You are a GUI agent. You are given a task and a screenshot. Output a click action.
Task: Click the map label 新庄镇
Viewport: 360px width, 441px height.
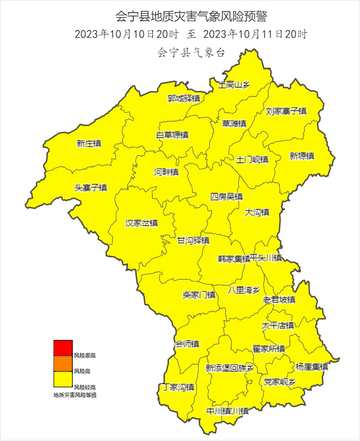point(89,144)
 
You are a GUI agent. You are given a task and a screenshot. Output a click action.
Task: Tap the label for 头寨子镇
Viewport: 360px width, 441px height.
point(91,188)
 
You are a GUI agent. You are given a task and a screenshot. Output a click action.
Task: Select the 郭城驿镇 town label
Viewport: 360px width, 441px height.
point(184,98)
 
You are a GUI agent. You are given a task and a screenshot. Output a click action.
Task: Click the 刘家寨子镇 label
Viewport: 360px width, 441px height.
point(286,111)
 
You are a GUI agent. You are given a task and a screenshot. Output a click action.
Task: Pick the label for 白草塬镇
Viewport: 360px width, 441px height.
point(172,135)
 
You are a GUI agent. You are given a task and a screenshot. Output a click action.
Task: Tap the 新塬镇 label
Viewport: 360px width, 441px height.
point(302,156)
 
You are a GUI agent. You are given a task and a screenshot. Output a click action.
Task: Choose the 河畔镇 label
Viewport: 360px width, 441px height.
point(166,172)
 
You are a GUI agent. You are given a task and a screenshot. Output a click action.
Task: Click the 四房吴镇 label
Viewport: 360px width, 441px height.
point(227,197)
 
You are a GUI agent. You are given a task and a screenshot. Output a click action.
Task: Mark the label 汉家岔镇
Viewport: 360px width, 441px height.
point(142,223)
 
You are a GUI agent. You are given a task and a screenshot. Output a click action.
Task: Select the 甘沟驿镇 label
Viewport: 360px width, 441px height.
point(193,240)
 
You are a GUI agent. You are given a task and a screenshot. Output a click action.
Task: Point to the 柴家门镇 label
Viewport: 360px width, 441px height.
point(199,295)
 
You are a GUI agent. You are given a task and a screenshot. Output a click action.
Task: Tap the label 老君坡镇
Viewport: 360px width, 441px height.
point(279,300)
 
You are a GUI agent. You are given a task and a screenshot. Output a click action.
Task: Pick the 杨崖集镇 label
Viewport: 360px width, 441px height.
point(312,366)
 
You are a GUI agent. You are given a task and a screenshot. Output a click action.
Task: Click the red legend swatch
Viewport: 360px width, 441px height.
point(63,348)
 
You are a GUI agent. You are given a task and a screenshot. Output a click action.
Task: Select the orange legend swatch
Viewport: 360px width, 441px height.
point(63,364)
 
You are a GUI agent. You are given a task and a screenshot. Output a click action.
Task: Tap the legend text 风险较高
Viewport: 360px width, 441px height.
point(84,387)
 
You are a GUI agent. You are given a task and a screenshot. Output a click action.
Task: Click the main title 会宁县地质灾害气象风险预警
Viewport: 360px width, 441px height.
point(191,17)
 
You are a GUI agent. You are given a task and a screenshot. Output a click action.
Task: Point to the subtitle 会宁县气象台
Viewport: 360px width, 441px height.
point(191,53)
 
